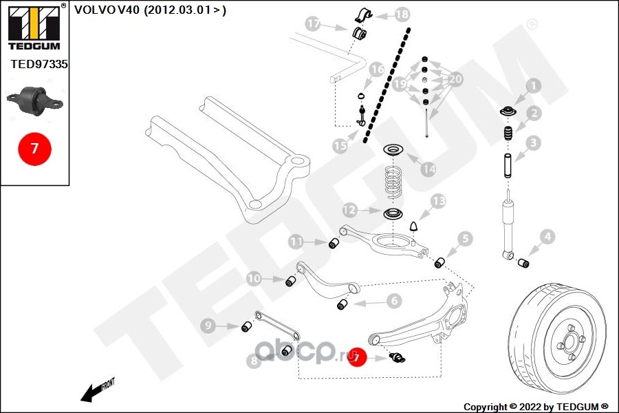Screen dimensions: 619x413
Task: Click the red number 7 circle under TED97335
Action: tap(34, 147)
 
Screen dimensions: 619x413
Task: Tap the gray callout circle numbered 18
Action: tap(402, 14)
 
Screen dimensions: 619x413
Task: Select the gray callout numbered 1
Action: tap(533, 86)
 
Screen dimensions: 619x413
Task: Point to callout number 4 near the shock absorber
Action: tap(547, 238)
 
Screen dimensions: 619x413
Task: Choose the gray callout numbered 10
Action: tap(254, 279)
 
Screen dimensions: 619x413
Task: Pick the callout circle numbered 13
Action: tap(438, 201)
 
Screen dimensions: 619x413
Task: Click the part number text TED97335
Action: tap(39, 64)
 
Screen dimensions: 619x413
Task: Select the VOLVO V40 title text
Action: tap(149, 10)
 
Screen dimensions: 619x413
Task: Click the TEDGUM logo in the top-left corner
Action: tap(33, 28)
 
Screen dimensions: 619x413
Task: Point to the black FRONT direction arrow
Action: tap(97, 390)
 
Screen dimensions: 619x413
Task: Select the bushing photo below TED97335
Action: tap(34, 100)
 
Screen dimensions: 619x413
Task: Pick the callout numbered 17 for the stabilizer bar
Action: tap(314, 25)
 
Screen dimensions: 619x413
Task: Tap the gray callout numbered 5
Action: tap(466, 239)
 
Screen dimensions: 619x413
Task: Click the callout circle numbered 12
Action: tap(349, 209)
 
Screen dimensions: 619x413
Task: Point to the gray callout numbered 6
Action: tap(393, 301)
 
